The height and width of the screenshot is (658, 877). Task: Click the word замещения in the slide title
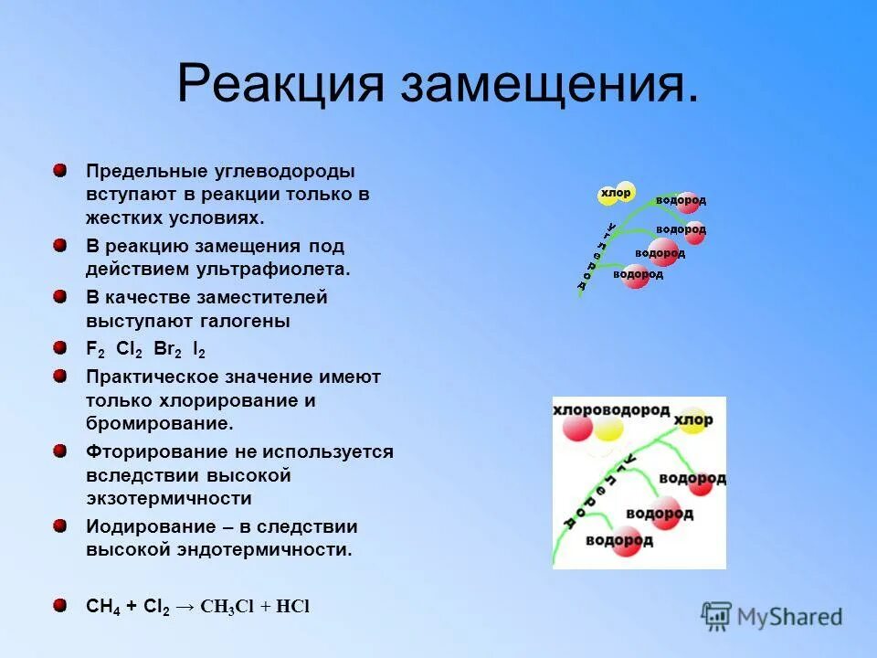[549, 85]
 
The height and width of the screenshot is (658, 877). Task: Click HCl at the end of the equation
[293, 607]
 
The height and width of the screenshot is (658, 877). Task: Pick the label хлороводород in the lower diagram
[611, 410]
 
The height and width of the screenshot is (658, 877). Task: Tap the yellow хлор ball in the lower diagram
[693, 419]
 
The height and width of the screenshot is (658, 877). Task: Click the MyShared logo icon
[717, 617]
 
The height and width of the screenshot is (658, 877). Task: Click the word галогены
[248, 321]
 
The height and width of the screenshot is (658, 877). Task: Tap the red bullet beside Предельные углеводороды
[59, 171]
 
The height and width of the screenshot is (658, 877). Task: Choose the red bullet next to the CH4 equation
[59, 606]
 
